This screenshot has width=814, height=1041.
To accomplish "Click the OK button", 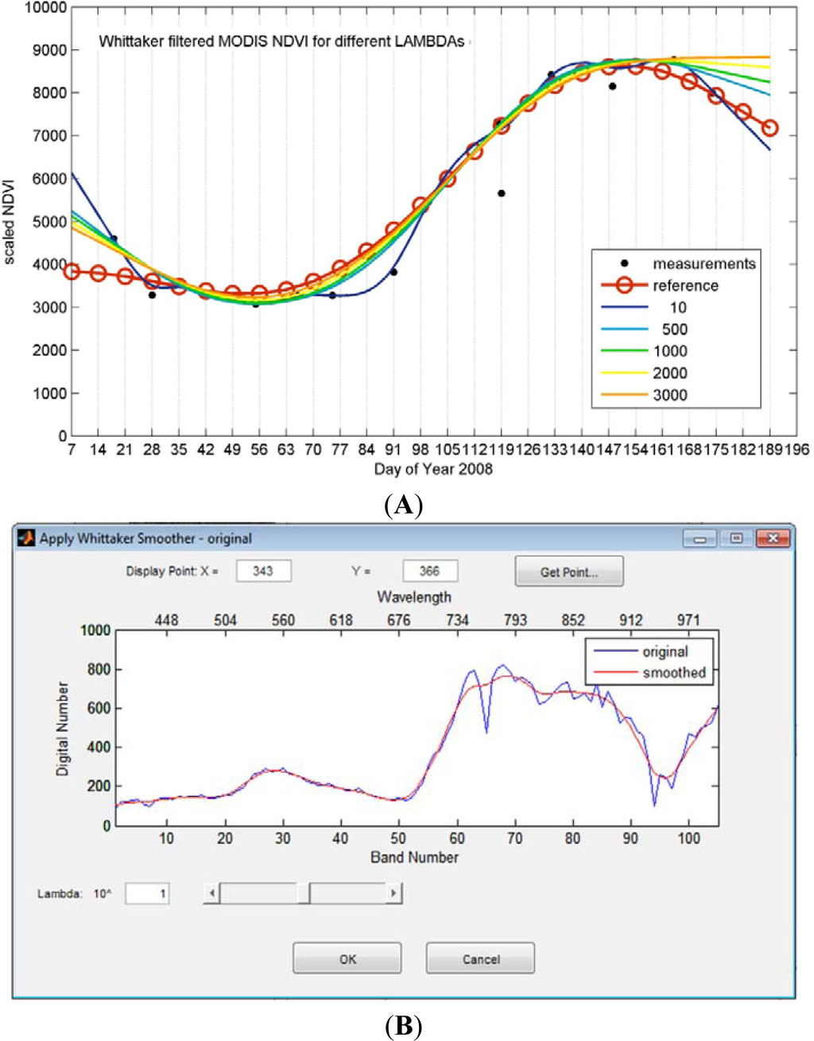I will (347, 958).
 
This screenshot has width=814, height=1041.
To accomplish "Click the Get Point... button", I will (568, 572).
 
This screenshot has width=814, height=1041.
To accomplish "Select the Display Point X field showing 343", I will (263, 571).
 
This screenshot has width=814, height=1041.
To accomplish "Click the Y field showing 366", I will (429, 571).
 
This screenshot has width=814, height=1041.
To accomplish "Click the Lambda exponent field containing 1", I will (148, 893).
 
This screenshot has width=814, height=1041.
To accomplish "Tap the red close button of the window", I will (772, 538).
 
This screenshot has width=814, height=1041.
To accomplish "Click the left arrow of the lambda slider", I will (211, 893).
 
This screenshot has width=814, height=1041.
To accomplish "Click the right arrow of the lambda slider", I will (393, 893).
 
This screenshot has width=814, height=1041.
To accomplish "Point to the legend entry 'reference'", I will (684, 285).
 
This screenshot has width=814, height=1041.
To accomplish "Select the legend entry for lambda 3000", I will (669, 394).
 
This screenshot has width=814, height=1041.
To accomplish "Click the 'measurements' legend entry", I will (704, 263).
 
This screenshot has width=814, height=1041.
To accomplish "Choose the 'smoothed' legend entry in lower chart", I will (673, 673).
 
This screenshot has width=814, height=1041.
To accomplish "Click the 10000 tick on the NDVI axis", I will (45, 8).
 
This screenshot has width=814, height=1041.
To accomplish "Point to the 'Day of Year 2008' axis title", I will (433, 468).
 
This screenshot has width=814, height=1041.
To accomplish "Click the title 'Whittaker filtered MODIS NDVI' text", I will (281, 41).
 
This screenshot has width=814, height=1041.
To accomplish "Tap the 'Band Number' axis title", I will (414, 857).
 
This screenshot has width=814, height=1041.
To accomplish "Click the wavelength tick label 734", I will (457, 620).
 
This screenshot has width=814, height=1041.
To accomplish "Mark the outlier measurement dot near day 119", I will (502, 193).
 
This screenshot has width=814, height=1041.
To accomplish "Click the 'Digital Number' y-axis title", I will (63, 728).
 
